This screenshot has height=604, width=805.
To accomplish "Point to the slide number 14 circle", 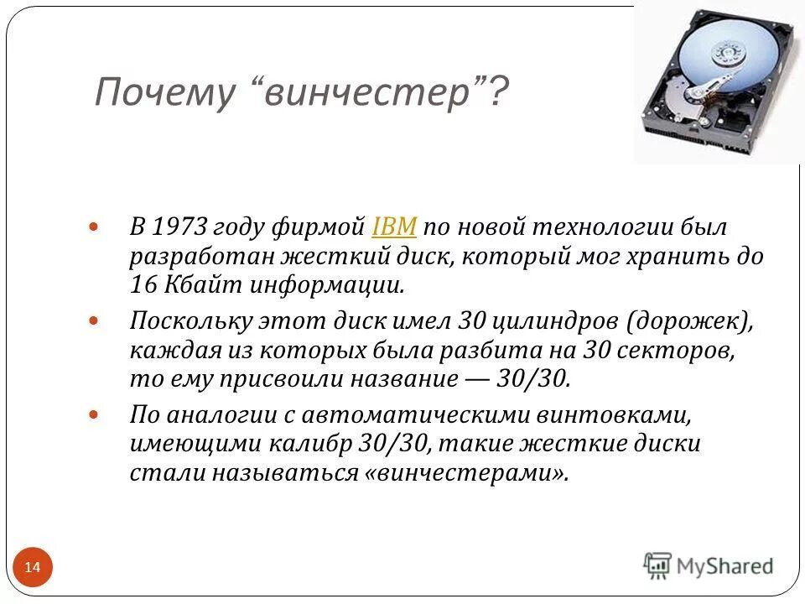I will point(33,568).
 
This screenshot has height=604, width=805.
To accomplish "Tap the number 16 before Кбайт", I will point(142,284).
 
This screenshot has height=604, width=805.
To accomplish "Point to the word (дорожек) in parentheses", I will point(693,320).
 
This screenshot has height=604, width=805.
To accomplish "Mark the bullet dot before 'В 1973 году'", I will point(95,227).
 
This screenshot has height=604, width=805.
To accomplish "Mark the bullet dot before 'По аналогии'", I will point(95,414).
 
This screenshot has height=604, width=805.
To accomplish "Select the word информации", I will point(324,284).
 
